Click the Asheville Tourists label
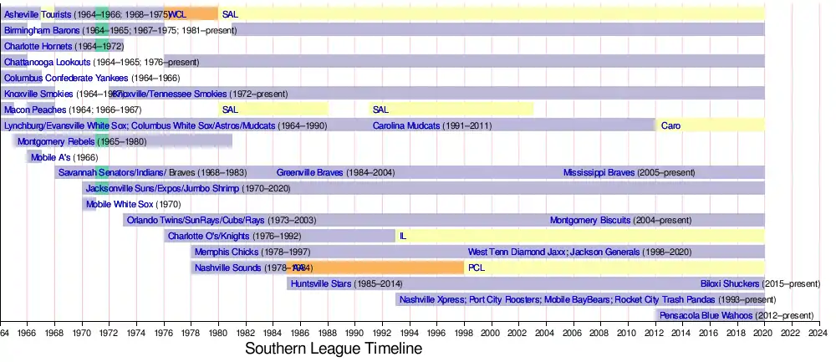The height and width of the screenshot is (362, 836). (x=38, y=14)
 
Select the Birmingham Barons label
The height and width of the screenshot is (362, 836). (x=42, y=30)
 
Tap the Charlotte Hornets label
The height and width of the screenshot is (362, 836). (x=38, y=46)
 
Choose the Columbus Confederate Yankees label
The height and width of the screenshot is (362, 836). (x=58, y=78)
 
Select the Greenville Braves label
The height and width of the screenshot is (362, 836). (x=310, y=173)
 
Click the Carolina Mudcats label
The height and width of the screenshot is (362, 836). (x=407, y=125)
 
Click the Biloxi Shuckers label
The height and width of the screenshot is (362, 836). (x=730, y=284)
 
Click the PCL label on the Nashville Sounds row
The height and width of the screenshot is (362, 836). (x=477, y=268)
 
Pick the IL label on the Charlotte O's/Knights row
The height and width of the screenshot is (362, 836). (x=403, y=237)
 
